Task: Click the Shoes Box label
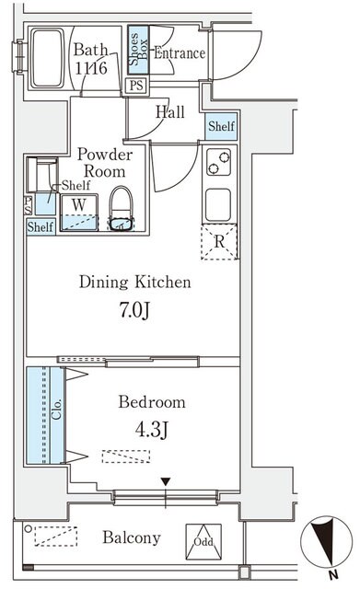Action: (x=138, y=50)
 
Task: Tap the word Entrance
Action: (x=180, y=53)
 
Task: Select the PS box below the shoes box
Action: (x=136, y=86)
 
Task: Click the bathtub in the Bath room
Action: (x=48, y=58)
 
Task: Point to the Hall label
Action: (x=170, y=112)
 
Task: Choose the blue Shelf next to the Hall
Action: (x=222, y=126)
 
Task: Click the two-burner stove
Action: (x=219, y=162)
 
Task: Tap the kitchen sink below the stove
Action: (x=218, y=204)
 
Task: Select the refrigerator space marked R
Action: (x=219, y=242)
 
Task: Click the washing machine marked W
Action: (x=79, y=213)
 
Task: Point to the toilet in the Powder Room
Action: (x=121, y=209)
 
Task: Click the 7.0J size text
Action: (x=134, y=310)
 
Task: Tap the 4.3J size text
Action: (x=151, y=430)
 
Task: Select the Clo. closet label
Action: (x=57, y=410)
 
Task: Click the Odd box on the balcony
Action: (x=203, y=541)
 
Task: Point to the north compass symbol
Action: (x=325, y=542)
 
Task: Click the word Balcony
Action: (x=132, y=537)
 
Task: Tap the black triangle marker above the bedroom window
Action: (x=166, y=481)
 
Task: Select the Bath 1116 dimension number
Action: (x=91, y=68)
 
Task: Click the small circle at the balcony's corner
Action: (x=29, y=529)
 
